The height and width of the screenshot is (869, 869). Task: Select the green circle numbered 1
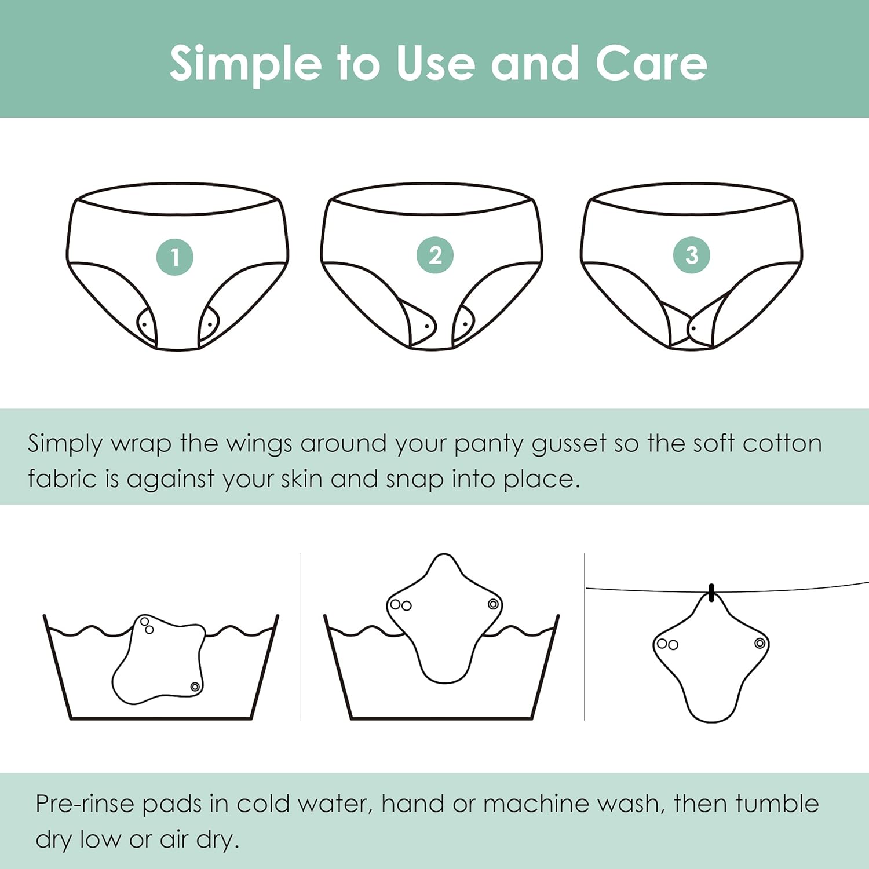[174, 257]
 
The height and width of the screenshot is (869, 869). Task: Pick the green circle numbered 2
[435, 255]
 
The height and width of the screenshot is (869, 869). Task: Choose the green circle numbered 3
[692, 255]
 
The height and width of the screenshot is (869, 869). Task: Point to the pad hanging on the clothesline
[711, 658]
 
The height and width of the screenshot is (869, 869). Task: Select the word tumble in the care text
[777, 804]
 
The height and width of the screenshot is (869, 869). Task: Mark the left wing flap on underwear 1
[146, 325]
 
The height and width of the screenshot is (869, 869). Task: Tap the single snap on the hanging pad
[760, 643]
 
